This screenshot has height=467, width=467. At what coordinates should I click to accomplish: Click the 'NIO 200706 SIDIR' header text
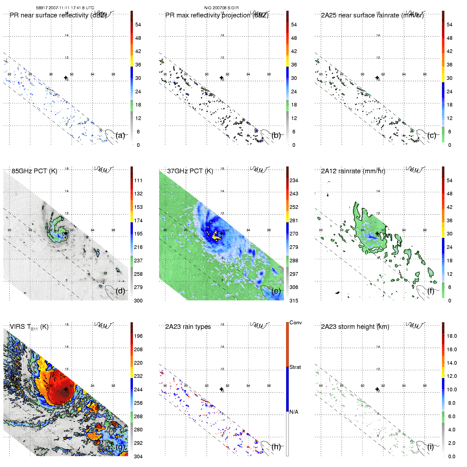(221, 8)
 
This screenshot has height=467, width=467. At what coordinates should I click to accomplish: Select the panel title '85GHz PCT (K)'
(34, 171)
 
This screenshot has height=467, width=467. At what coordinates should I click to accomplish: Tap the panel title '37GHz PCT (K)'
(190, 171)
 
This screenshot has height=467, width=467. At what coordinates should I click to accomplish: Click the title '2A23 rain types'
(188, 327)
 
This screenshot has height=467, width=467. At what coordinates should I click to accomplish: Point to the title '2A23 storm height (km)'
(355, 327)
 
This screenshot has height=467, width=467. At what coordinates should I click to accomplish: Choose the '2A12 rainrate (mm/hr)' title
(353, 171)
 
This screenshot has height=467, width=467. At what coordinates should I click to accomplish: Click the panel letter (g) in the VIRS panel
(120, 446)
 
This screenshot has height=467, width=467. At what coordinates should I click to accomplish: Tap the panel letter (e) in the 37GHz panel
(276, 291)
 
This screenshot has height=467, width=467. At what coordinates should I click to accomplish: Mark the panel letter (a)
(120, 135)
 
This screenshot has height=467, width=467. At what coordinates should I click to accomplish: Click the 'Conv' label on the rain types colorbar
(296, 322)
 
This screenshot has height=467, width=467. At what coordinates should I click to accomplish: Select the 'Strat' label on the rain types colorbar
(295, 367)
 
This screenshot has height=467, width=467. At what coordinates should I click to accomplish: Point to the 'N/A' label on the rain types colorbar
(294, 412)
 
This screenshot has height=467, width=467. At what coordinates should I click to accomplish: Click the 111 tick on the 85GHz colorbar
(138, 180)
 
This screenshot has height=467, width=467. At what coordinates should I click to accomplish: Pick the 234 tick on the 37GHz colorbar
(294, 180)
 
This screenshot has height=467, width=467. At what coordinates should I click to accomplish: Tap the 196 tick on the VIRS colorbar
(138, 336)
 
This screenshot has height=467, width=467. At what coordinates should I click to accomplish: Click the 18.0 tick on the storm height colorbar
(451, 336)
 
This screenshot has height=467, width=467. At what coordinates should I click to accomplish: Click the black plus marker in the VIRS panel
(66, 389)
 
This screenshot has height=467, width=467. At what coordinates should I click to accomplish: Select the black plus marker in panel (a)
(66, 78)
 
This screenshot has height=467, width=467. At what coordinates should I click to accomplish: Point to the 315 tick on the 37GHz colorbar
(294, 301)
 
